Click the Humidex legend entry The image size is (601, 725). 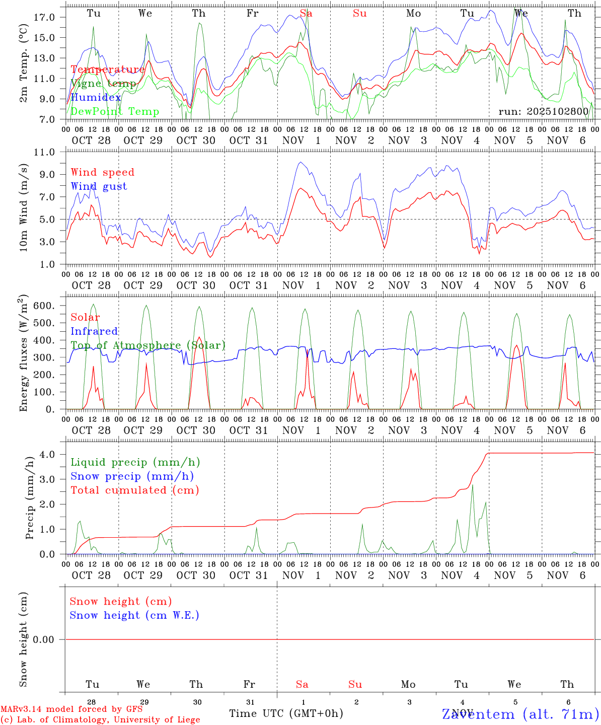(96, 98)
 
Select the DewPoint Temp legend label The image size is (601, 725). (115, 112)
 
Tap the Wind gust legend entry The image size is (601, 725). (99, 186)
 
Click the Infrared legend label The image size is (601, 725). (94, 331)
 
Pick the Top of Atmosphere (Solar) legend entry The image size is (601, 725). (148, 345)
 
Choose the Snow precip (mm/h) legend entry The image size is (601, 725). (132, 476)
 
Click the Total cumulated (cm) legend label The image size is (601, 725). (134, 490)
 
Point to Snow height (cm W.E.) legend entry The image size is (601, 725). (134, 615)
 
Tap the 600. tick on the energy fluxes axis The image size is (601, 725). (44, 306)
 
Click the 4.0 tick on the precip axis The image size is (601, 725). (47, 455)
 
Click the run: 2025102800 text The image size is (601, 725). (543, 112)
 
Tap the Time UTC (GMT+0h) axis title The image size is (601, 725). (286, 713)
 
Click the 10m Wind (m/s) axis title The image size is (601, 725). (24, 207)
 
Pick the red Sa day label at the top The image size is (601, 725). (306, 14)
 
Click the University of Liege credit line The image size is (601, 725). (100, 719)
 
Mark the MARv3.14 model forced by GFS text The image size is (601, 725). (71, 709)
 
